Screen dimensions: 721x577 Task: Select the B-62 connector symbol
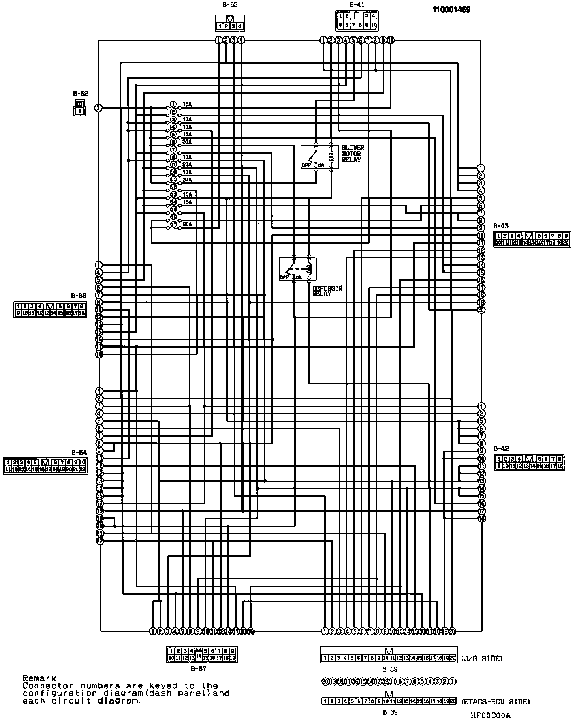click(80, 107)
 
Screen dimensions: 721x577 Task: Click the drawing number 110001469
click(451, 10)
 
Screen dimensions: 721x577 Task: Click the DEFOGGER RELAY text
click(327, 291)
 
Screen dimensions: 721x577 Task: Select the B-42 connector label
click(501, 448)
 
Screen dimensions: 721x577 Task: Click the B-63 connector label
click(79, 296)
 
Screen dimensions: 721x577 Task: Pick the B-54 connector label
click(79, 453)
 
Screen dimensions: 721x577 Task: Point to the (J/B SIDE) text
click(481, 659)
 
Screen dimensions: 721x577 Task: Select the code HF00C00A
click(490, 716)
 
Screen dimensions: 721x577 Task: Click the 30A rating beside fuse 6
click(187, 142)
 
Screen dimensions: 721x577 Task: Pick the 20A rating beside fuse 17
click(187, 224)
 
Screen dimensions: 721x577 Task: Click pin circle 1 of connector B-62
click(98, 108)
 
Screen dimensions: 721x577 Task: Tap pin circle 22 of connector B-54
click(100, 541)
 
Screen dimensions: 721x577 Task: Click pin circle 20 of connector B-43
click(481, 310)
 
